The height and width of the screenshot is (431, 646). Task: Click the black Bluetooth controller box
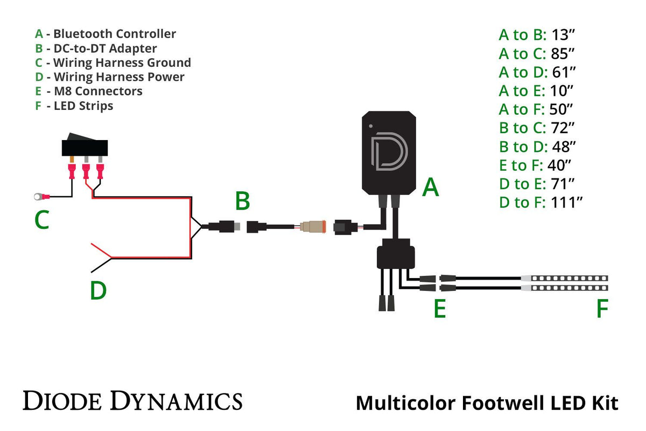pyautogui.click(x=389, y=154)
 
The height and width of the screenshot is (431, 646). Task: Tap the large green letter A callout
pyautogui.click(x=431, y=187)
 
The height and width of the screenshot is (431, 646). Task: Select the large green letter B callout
pyautogui.click(x=242, y=201)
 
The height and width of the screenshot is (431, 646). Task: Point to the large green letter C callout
pyautogui.click(x=42, y=219)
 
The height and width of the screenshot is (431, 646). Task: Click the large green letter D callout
pyautogui.click(x=98, y=291)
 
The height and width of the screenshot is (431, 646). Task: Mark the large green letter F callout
pyautogui.click(x=602, y=309)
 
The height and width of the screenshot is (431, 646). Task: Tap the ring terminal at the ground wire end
pyautogui.click(x=38, y=197)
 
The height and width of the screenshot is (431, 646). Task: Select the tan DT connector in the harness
pyautogui.click(x=312, y=227)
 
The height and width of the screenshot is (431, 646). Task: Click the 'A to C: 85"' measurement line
pyautogui.click(x=537, y=54)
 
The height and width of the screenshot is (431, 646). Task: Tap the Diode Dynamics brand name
pyautogui.click(x=132, y=401)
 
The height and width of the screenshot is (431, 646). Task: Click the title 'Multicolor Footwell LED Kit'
pyautogui.click(x=487, y=403)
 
